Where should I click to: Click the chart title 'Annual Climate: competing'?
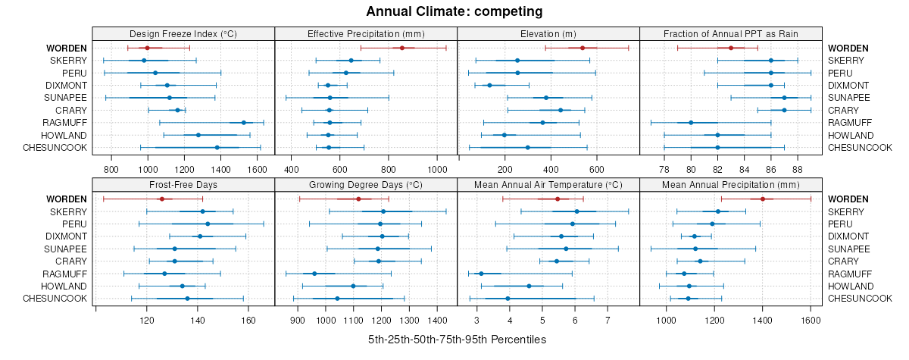pos(454,11)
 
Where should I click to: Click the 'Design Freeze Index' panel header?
pos(183,33)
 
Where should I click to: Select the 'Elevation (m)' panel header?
pos(548,33)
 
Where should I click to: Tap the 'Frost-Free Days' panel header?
pos(183,184)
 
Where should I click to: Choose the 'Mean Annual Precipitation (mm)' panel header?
pos(731,184)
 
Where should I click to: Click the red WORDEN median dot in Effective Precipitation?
pos(402,48)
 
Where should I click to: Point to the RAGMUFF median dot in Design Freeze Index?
pos(243,123)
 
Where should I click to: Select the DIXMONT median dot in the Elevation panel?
pos(489,86)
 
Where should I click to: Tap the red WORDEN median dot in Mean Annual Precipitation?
pos(763,199)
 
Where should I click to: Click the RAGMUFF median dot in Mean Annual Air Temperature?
pos(480,274)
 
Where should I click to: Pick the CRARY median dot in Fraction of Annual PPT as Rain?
pos(784,111)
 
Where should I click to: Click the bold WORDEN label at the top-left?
pos(67,48)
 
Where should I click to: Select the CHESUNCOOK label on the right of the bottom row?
pos(860,299)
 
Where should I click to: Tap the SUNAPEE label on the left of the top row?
pos(67,98)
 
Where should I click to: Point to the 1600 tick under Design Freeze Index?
pos(257,168)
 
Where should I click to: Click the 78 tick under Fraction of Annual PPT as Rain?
pos(664,168)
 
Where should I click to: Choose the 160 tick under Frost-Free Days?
pos(248,320)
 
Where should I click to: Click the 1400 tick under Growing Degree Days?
pos(437,320)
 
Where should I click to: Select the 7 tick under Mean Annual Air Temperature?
pos(607,320)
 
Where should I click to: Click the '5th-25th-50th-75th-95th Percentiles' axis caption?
pos(457,340)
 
